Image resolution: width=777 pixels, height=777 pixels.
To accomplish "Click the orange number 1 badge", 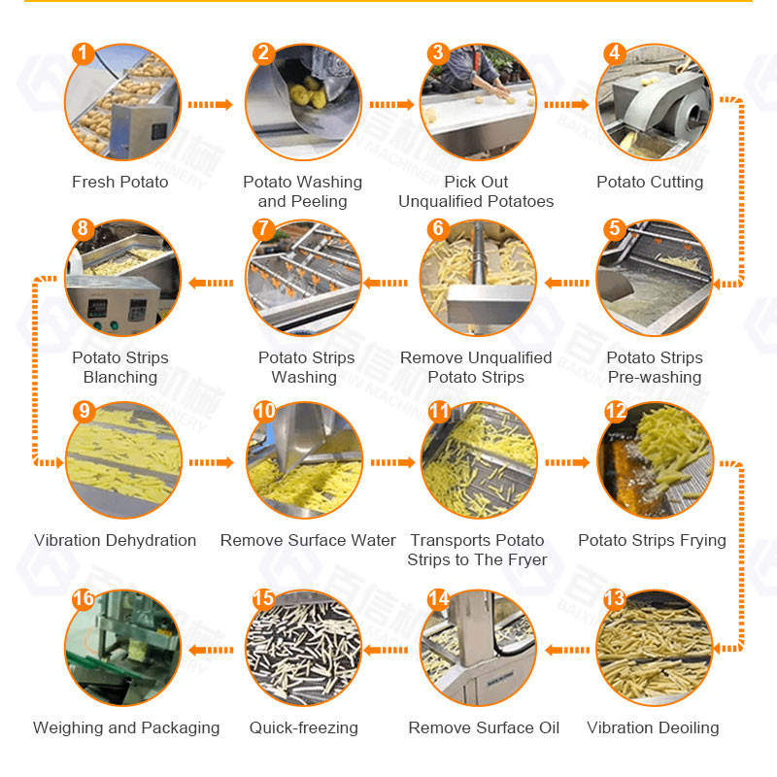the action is [83, 53].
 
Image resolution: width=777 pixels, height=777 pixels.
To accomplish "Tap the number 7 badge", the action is [263, 229].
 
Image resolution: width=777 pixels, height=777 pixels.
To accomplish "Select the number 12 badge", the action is [616, 411].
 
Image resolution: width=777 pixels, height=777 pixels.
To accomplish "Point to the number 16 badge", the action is [83, 598].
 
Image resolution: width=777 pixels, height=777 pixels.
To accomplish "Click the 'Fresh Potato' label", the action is [119, 182].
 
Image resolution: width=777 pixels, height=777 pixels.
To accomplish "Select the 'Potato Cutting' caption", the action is [650, 182].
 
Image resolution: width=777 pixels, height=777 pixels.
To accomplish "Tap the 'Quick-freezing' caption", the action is [304, 727].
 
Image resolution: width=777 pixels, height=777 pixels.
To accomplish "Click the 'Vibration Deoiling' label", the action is [653, 727].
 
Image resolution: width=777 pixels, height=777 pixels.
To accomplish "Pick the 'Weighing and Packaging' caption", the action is [126, 727].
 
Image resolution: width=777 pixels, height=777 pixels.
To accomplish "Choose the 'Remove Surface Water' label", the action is [308, 540].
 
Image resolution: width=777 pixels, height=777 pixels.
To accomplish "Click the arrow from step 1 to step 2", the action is [210, 105].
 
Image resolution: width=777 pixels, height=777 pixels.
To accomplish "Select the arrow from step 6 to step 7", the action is [386, 283].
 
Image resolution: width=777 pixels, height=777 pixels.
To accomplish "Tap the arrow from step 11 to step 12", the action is [567, 462].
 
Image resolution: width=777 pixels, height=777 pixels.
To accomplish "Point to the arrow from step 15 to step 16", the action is [211, 650].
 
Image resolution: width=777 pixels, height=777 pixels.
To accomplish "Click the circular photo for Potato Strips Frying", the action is [655, 460].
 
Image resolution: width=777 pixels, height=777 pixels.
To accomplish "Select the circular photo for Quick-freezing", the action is [304, 648].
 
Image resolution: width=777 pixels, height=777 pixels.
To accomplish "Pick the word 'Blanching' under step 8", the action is [120, 377].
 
